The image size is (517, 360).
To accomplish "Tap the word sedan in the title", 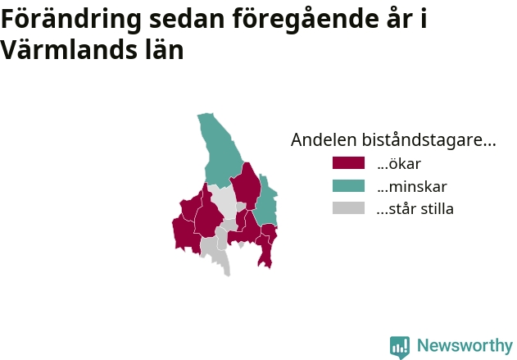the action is [x=187, y=20].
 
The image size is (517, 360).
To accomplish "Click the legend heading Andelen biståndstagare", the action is [x=393, y=140].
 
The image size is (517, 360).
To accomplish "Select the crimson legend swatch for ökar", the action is [x=348, y=163].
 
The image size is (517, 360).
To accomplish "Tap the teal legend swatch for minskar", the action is [x=348, y=186].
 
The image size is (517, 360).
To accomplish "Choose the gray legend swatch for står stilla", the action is [x=348, y=208].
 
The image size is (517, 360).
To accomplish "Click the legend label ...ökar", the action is [x=399, y=164].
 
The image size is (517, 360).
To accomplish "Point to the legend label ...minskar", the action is [x=412, y=186].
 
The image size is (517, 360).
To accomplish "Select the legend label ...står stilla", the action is [x=415, y=209].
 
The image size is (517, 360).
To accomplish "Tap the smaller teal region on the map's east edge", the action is [x=266, y=201].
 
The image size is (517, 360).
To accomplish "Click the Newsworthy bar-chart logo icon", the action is [x=400, y=347].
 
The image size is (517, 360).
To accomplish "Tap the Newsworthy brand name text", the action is [x=465, y=345].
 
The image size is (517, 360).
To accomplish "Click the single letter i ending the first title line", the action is [x=424, y=18].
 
